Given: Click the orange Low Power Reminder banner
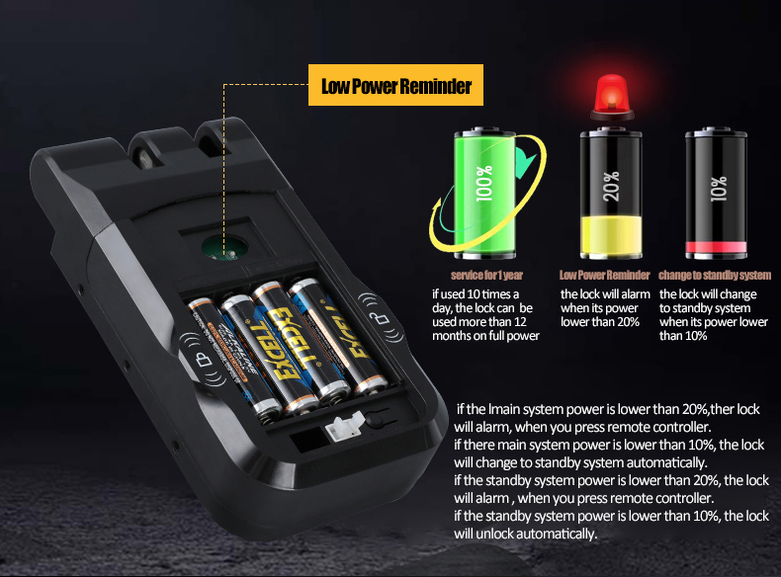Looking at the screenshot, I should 395,87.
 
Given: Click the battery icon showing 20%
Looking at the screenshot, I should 611,192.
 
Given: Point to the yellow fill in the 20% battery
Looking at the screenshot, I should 611,234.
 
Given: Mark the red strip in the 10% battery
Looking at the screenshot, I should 717,246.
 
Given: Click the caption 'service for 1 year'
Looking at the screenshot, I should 486,275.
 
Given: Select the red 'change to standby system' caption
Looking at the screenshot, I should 715,275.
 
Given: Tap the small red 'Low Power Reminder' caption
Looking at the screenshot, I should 604,275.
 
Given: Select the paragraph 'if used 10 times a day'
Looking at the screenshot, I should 485,315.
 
